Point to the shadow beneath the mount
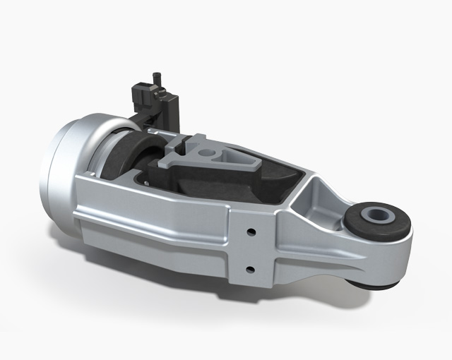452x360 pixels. [x=212, y=311]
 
